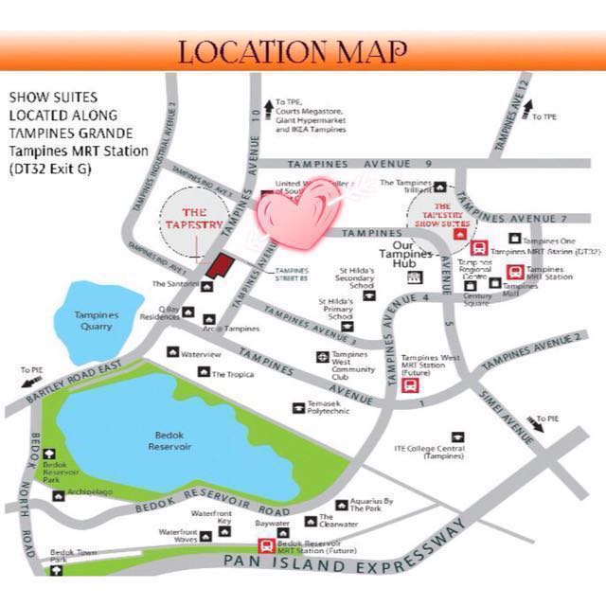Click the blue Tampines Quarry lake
click(97, 318)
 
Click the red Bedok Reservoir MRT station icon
click(268, 545)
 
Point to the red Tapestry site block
click(221, 265)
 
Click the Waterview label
click(200, 353)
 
